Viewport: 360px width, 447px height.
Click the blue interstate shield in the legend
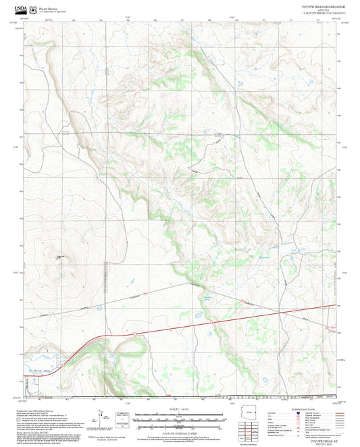[x=299, y=411]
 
